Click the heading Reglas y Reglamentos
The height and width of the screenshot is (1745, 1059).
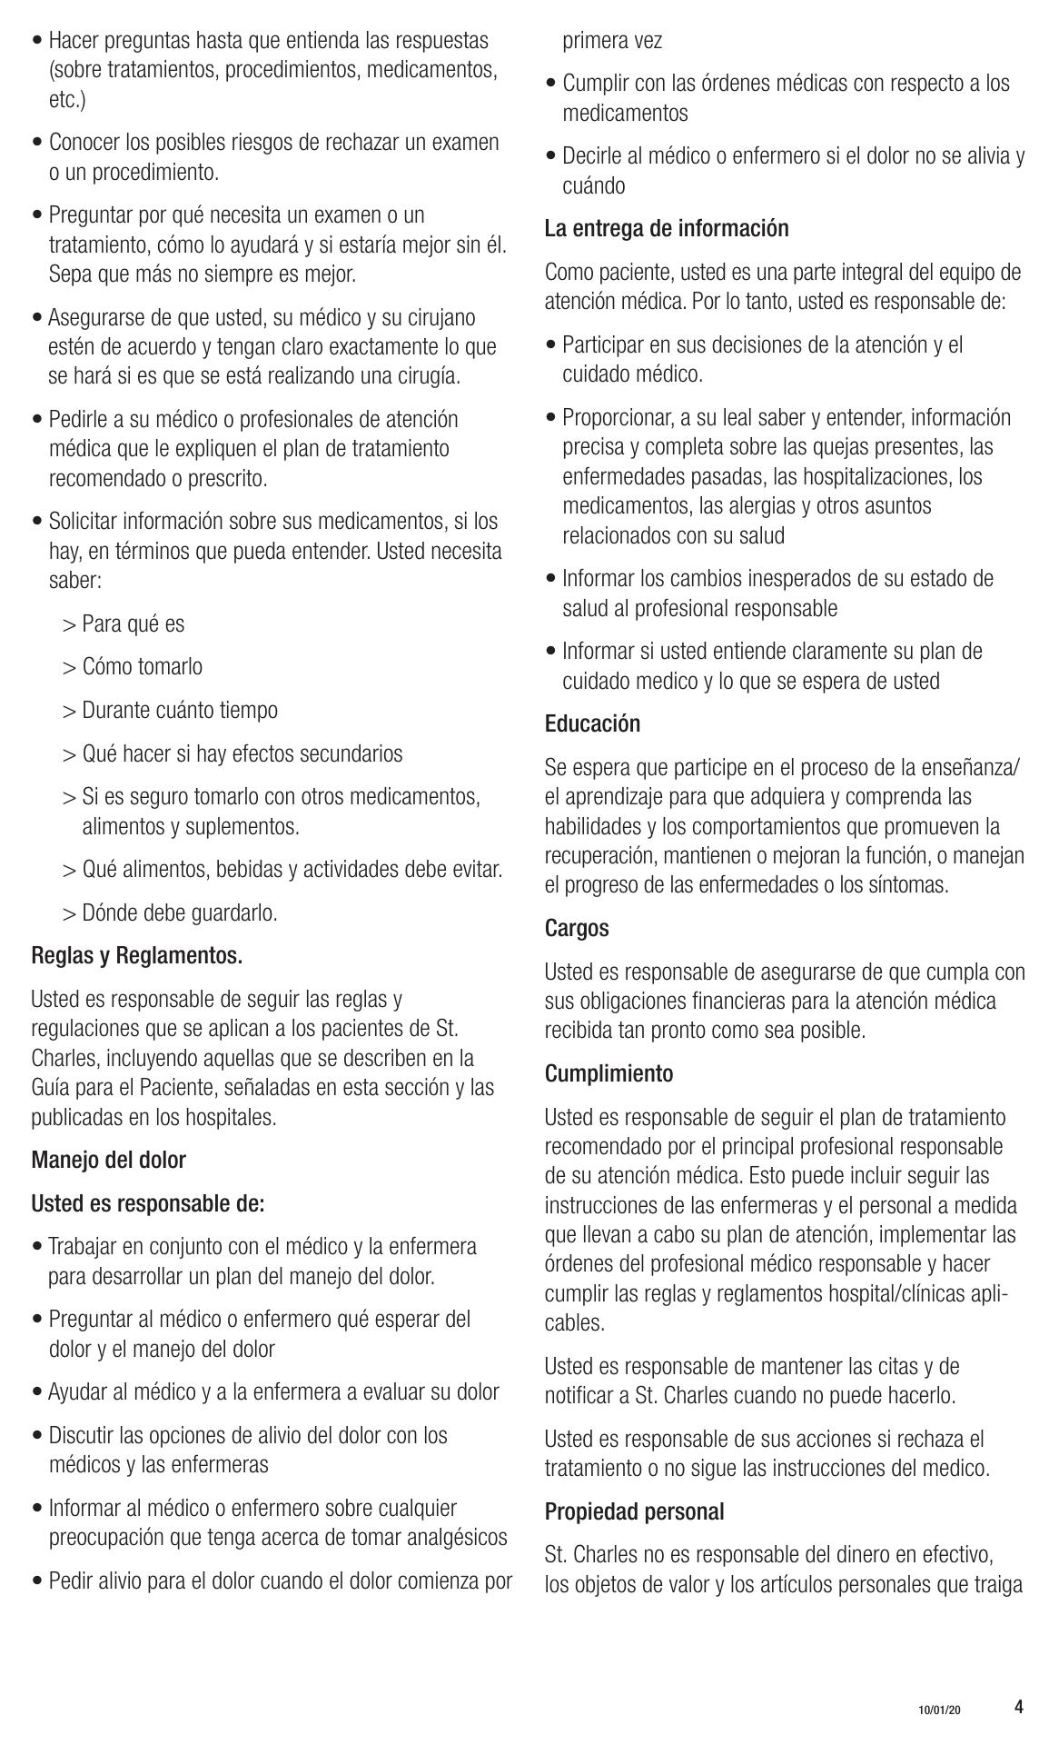pos(137,956)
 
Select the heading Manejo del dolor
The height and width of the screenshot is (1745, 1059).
pos(108,1161)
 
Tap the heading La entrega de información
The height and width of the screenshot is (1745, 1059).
pos(667,229)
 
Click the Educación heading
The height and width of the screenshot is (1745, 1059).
pos(592,724)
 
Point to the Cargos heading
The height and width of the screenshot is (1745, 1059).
pos(577,929)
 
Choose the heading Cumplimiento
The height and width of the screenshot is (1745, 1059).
pos(609,1074)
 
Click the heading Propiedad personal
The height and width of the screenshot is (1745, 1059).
pos(634,1512)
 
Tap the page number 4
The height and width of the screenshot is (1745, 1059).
pos(1018,1706)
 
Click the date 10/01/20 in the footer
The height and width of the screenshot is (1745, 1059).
pos(938,1710)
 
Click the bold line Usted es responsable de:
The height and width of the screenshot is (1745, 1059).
pos(148,1204)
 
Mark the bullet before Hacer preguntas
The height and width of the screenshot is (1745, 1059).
pos(37,41)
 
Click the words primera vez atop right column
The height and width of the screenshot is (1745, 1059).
pos(612,41)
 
